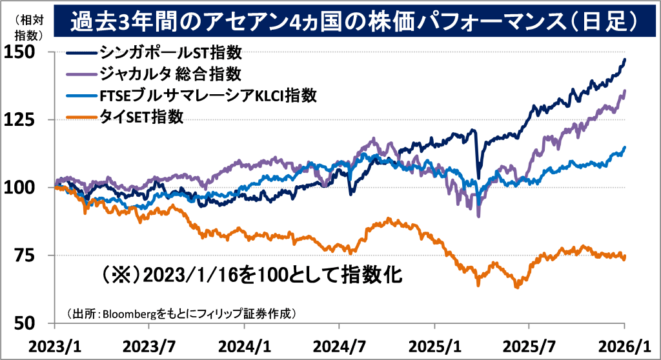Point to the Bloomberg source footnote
coord(181,314)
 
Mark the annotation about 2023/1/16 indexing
coord(252,275)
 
